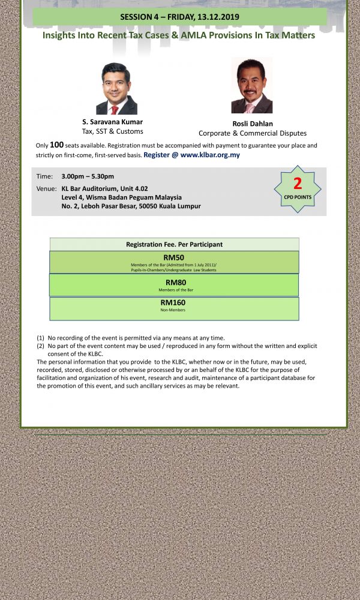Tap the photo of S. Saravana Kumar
click(116, 89)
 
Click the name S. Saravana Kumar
click(113, 122)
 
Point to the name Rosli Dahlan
click(253, 124)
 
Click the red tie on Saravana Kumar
click(114, 110)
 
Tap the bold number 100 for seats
click(56, 145)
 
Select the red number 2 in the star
click(297, 184)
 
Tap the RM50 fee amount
click(173, 257)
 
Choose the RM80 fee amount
click(174, 282)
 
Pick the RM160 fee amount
click(173, 302)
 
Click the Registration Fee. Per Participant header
click(174, 244)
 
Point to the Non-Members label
click(174, 310)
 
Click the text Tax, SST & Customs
click(113, 131)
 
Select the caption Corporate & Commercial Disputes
click(253, 133)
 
